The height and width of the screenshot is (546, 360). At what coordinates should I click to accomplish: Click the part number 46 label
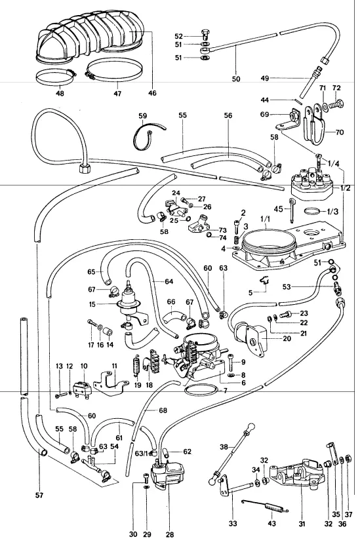click(152, 93)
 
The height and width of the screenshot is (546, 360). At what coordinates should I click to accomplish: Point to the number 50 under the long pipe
click(236, 79)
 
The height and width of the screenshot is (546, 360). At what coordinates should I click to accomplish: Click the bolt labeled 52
click(205, 35)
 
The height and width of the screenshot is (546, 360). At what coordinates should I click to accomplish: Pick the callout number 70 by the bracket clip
click(340, 132)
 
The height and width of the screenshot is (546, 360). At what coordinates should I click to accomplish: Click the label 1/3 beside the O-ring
click(332, 211)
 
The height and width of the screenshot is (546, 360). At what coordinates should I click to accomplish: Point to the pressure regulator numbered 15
click(130, 305)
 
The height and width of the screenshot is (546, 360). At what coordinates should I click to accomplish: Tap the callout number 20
click(287, 338)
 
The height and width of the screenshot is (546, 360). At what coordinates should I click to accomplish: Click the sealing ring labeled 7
click(200, 389)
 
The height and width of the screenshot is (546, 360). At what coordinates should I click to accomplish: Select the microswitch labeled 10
click(83, 387)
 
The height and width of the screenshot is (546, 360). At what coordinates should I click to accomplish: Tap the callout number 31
click(302, 523)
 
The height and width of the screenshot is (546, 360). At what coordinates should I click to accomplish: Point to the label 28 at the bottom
click(170, 534)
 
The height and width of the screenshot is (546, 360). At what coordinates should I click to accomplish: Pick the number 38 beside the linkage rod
click(224, 447)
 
